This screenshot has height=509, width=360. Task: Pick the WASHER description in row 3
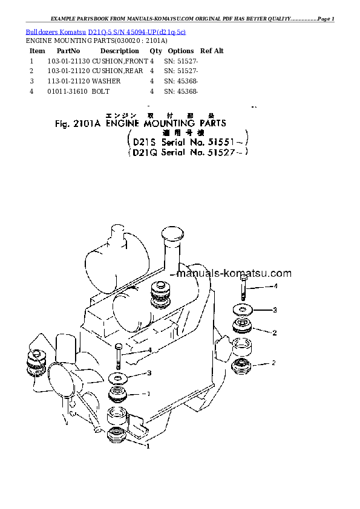[106, 81]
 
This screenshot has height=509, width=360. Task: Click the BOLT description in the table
[101, 91]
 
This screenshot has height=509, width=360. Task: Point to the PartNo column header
[68, 51]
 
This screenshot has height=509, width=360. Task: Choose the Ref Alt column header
[212, 51]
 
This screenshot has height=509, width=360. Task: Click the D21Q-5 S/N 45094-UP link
[137, 31]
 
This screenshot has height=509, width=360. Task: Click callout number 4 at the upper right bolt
[275, 286]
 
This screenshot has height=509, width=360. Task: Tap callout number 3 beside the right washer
[274, 310]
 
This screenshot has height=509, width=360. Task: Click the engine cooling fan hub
[60, 375]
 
